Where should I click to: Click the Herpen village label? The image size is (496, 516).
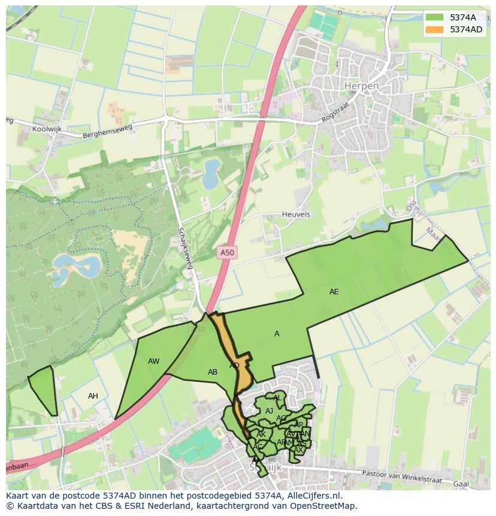(361, 86)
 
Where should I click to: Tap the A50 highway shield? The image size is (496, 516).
(227, 253)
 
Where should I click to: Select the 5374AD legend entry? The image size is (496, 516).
(466, 29)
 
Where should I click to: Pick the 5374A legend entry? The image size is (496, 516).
(462, 17)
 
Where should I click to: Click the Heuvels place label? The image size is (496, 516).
(296, 214)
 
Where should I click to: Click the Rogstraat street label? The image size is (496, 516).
(334, 113)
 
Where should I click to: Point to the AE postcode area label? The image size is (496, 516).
(334, 292)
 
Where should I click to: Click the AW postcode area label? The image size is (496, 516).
(154, 361)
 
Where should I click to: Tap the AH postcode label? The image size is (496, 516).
(93, 396)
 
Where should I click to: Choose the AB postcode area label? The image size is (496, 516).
(213, 372)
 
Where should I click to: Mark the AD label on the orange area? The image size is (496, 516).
(234, 366)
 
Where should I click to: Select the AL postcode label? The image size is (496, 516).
(277, 398)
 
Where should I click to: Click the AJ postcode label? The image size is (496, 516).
(269, 411)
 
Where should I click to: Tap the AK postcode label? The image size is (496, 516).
(261, 434)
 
